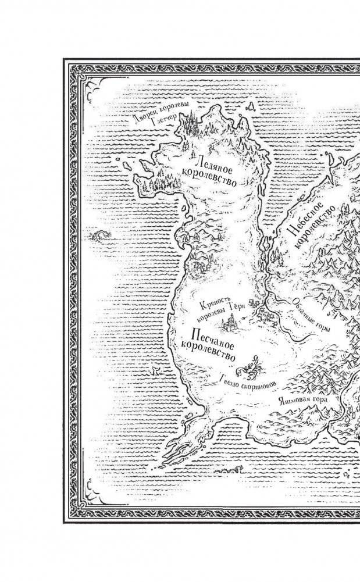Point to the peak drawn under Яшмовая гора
click(311, 414)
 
